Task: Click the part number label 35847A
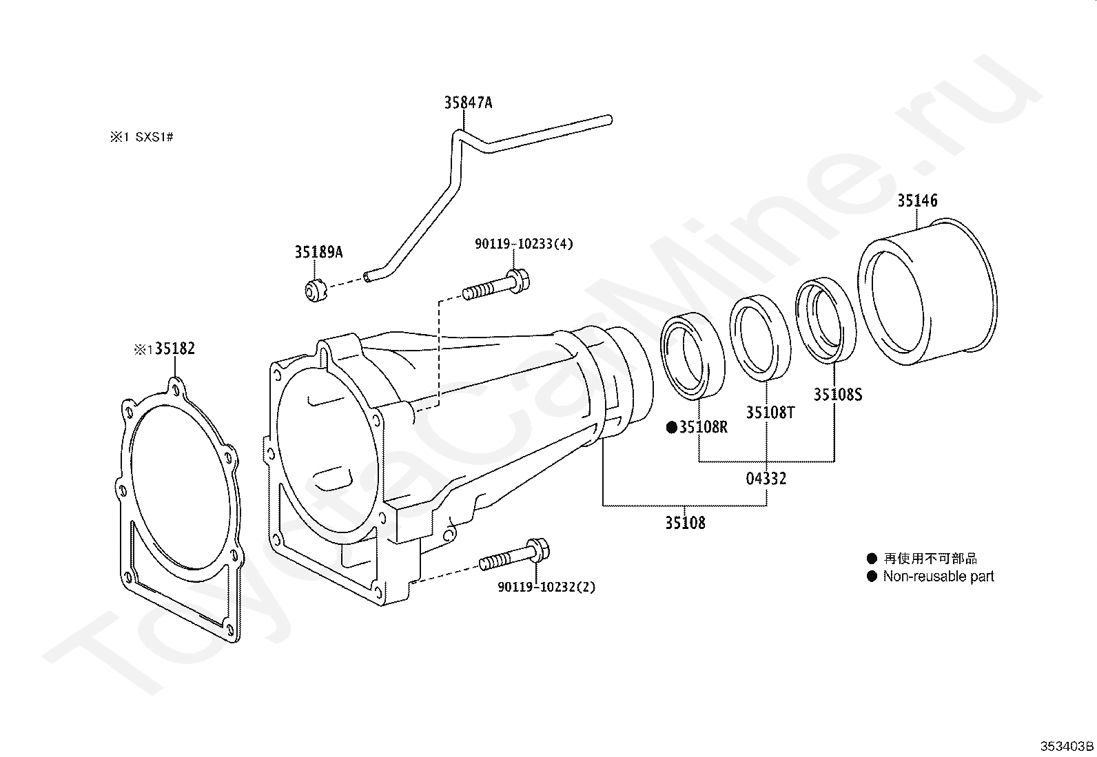468,103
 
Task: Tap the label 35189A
319,252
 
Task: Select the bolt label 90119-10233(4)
524,243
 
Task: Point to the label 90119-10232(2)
546,587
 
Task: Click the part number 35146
917,200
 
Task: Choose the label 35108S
838,394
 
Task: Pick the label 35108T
770,413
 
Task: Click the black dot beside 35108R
672,428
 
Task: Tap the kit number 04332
766,479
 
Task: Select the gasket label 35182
175,348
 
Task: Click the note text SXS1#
154,136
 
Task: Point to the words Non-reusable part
939,577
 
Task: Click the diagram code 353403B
1067,746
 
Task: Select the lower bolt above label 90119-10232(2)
514,557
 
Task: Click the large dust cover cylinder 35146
927,292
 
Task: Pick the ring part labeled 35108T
760,338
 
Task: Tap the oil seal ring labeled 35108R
693,355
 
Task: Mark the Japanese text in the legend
930,558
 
